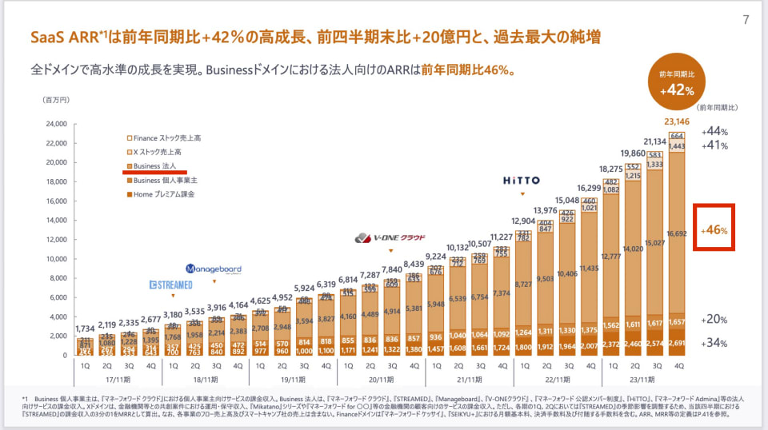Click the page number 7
[x=746, y=20]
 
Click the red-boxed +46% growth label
[x=714, y=231]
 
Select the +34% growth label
[x=714, y=344]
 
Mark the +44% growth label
[x=714, y=131]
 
